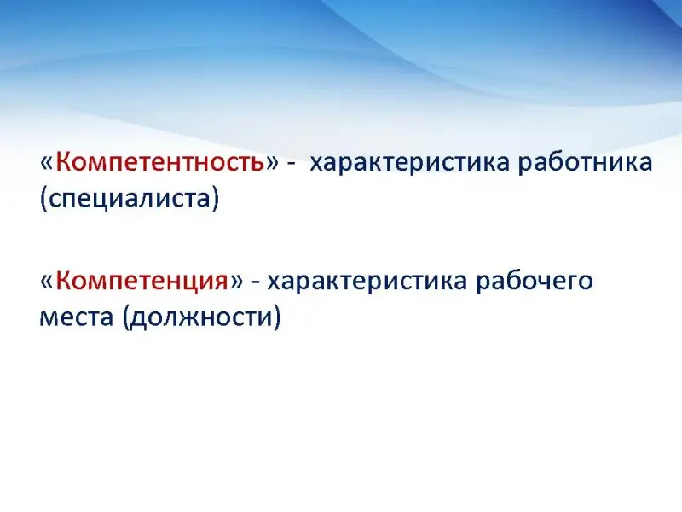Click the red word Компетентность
click(160, 163)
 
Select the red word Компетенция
click(142, 282)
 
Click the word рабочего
click(535, 282)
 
